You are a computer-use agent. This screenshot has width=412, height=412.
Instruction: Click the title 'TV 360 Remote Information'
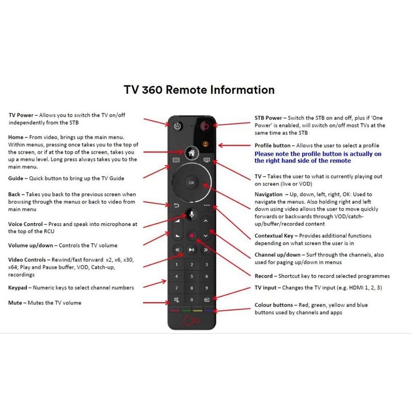click(199, 90)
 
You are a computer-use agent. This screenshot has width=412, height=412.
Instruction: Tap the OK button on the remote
click(191, 182)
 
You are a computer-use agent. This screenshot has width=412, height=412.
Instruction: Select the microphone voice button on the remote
click(191, 213)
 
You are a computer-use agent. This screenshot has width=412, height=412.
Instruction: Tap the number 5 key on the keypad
click(191, 276)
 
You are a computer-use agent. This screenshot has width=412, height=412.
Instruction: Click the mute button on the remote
click(177, 299)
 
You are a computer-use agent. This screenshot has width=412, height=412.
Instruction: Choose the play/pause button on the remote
click(191, 250)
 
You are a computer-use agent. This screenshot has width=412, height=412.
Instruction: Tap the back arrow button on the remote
click(176, 206)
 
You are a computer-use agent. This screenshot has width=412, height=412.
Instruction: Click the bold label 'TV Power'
click(21, 115)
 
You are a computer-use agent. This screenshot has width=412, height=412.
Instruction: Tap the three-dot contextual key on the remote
click(207, 205)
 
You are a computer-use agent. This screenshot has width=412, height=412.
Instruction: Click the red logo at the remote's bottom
click(191, 323)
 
